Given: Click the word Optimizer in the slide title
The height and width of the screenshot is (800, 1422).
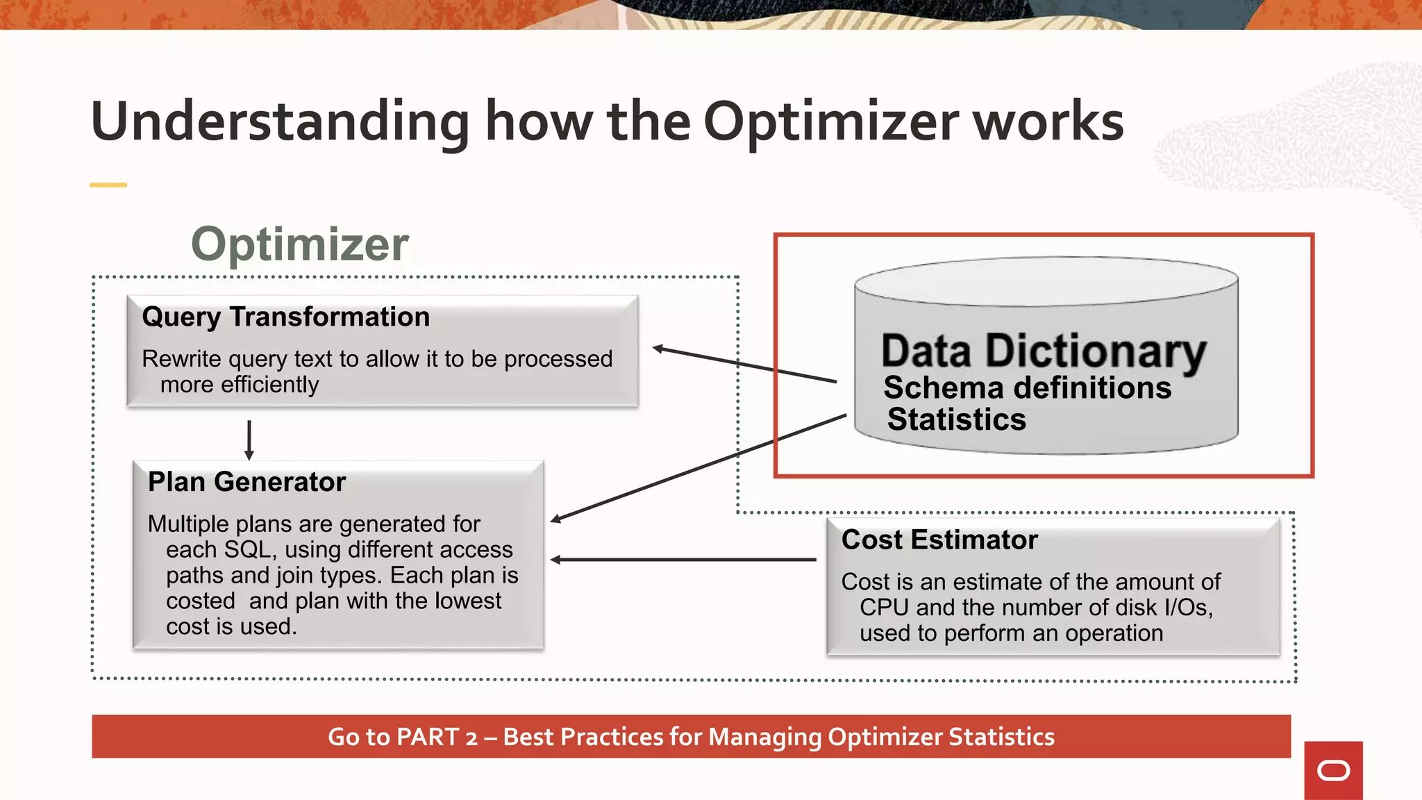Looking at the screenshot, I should pyautogui.click(x=831, y=123).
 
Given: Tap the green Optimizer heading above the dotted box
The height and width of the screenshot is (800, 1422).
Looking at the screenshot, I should pyautogui.click(x=300, y=244).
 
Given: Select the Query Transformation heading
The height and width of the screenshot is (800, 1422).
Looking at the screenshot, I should pyautogui.click(x=285, y=317).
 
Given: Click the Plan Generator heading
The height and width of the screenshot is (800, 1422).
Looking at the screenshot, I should pyautogui.click(x=246, y=482).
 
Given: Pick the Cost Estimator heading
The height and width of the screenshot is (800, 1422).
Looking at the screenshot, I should pyautogui.click(x=939, y=540).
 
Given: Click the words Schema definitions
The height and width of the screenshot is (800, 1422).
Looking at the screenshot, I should pyautogui.click(x=1027, y=387).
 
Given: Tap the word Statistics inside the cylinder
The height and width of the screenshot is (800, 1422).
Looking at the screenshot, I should pyautogui.click(x=956, y=419).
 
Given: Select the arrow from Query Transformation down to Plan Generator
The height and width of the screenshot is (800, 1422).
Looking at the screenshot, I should pyautogui.click(x=249, y=440).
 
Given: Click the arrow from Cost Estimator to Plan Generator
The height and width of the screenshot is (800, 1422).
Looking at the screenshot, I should pyautogui.click(x=683, y=559).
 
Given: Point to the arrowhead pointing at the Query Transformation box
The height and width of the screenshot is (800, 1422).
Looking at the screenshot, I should pyautogui.click(x=659, y=349).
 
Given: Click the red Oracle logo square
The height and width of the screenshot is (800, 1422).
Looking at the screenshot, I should pyautogui.click(x=1333, y=770).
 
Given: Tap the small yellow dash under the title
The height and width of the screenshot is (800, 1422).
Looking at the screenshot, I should pyautogui.click(x=108, y=185).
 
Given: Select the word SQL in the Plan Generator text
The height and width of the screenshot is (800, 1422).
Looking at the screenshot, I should pyautogui.click(x=246, y=549).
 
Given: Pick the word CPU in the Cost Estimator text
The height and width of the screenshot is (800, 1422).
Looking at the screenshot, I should pyautogui.click(x=884, y=608).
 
